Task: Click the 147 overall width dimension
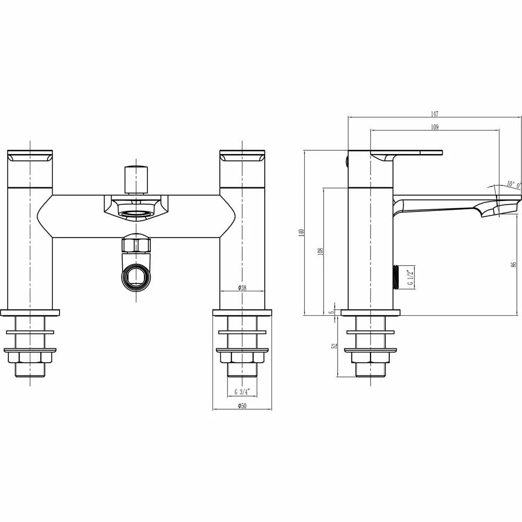click(435, 114)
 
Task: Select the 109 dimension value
click(435, 127)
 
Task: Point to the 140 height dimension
click(302, 233)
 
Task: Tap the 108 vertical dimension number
click(321, 252)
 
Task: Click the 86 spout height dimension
click(514, 265)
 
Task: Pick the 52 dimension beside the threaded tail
click(335, 346)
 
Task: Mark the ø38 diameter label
click(242, 288)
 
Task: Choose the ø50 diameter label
click(242, 406)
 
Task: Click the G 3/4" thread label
click(242, 392)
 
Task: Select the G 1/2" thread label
click(410, 277)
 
